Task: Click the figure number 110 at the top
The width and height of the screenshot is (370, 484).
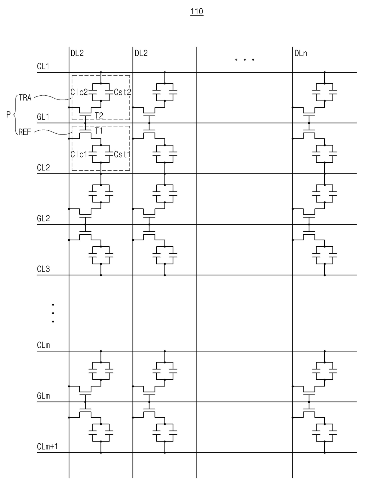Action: (x=197, y=11)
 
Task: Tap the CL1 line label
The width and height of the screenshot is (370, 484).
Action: (x=43, y=66)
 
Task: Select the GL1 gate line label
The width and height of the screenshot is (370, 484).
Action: (x=43, y=117)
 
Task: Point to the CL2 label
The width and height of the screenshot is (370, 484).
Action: (x=43, y=167)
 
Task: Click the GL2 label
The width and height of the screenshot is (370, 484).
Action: (x=43, y=218)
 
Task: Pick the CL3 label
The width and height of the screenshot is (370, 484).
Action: (x=43, y=269)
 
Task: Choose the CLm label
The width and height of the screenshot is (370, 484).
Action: (x=43, y=345)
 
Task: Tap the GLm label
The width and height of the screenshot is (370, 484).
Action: (x=43, y=396)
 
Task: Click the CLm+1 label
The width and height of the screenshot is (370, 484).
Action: (x=47, y=446)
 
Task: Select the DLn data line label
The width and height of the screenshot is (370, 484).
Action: (x=301, y=53)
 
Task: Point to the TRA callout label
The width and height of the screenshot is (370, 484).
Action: (x=25, y=97)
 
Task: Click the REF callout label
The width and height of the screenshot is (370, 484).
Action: (x=25, y=132)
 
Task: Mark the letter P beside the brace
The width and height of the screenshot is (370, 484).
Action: (x=8, y=114)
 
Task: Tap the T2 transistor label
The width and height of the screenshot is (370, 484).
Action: (x=99, y=115)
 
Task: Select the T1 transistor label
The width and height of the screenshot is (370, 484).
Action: (x=99, y=131)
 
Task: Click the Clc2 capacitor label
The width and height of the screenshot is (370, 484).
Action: (x=79, y=92)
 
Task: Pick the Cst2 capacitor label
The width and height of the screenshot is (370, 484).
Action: (x=122, y=92)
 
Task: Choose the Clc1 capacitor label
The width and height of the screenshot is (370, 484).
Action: (x=79, y=154)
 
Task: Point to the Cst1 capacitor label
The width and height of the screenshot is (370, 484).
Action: (x=122, y=154)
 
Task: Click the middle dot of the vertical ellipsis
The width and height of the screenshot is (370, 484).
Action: (x=53, y=313)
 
